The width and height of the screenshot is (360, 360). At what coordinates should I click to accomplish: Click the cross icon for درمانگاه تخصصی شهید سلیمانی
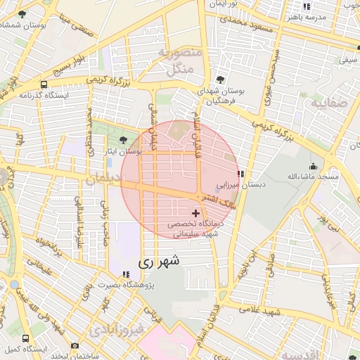point(195,212)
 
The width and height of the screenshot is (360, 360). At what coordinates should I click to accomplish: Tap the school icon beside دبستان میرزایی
point(240,174)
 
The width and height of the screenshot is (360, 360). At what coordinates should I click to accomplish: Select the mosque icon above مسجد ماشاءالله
point(313,166)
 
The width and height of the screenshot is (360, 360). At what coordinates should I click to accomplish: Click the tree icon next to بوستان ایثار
point(124,140)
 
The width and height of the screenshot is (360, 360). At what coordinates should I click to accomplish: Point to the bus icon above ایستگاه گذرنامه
point(44,83)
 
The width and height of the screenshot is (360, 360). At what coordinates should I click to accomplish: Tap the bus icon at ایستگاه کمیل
point(26,338)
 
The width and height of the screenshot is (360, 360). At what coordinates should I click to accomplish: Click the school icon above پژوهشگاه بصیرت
point(126,274)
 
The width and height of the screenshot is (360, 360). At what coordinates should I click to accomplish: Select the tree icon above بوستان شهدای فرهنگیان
point(221,79)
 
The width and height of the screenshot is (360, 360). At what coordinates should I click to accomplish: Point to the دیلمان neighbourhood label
point(103,180)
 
